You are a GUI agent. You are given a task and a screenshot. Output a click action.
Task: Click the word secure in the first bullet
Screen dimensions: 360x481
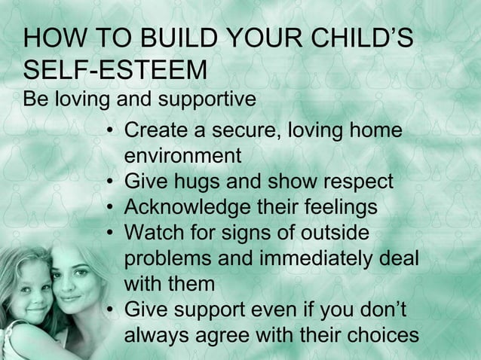coord(240,132)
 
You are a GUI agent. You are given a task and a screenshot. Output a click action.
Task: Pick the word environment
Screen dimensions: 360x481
coord(182,157)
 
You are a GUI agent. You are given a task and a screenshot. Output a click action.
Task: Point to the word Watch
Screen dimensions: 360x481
coord(155,233)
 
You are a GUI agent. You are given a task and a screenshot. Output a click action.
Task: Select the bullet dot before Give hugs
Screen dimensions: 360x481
coord(110,183)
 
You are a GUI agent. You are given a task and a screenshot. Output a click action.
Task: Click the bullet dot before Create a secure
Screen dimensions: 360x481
coord(110,133)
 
